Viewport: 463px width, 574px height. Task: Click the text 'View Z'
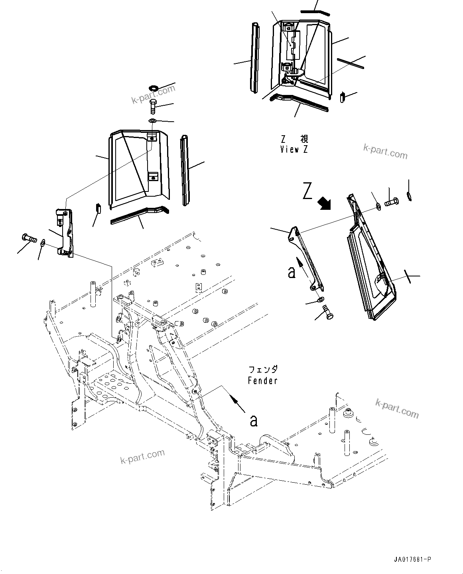click(x=294, y=150)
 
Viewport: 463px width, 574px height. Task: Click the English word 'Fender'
click(x=262, y=381)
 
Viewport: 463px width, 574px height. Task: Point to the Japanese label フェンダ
click(x=262, y=370)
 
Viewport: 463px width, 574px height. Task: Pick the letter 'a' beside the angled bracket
click(x=292, y=272)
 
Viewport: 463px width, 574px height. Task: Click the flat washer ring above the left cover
click(x=153, y=87)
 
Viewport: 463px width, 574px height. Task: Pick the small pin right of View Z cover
click(x=342, y=97)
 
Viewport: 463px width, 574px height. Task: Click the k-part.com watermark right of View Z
click(x=385, y=152)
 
